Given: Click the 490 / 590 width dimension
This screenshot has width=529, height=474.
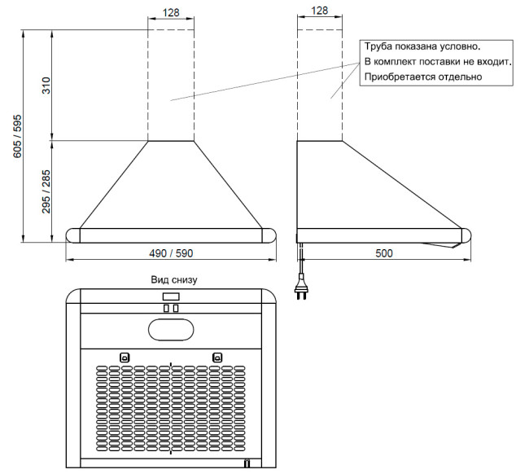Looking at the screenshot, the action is [171, 253].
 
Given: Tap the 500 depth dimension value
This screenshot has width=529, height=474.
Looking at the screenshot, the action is [384, 253].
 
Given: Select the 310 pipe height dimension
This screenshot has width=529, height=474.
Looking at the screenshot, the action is [46, 86].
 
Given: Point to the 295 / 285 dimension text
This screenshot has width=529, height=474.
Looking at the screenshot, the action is [46, 191].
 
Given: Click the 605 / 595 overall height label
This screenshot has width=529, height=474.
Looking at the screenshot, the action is [17, 136].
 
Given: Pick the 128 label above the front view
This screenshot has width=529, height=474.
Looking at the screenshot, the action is [171, 12].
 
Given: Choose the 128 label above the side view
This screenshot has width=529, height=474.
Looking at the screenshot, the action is [320, 11].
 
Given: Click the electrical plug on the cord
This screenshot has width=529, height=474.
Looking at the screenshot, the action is [300, 287].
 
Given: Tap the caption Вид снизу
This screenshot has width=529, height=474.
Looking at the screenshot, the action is [174, 280].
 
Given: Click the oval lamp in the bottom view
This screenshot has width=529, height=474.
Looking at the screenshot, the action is [171, 330].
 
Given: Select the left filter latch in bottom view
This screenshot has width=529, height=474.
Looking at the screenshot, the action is [125, 358].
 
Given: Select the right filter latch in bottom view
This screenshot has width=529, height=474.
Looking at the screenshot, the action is [217, 358].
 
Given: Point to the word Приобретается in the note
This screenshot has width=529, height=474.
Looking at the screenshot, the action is [400, 77].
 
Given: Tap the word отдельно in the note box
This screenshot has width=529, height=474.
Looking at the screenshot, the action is [460, 77].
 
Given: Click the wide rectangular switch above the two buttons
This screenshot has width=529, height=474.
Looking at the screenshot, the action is [171, 296].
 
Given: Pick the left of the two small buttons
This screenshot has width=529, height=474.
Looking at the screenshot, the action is [166, 308].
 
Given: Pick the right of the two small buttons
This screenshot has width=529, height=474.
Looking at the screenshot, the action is [176, 308].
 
